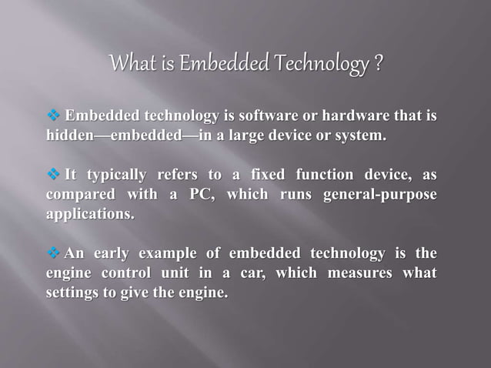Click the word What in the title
pos(132,63)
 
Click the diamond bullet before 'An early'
pos(54,253)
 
